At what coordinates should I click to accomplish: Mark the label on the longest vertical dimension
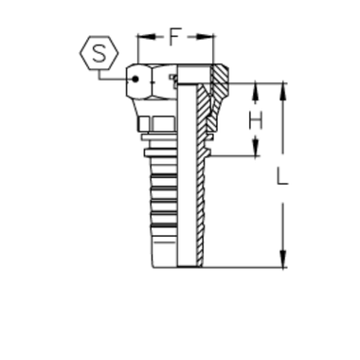pos(285,175)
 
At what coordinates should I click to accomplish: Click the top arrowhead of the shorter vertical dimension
pos(255,89)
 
